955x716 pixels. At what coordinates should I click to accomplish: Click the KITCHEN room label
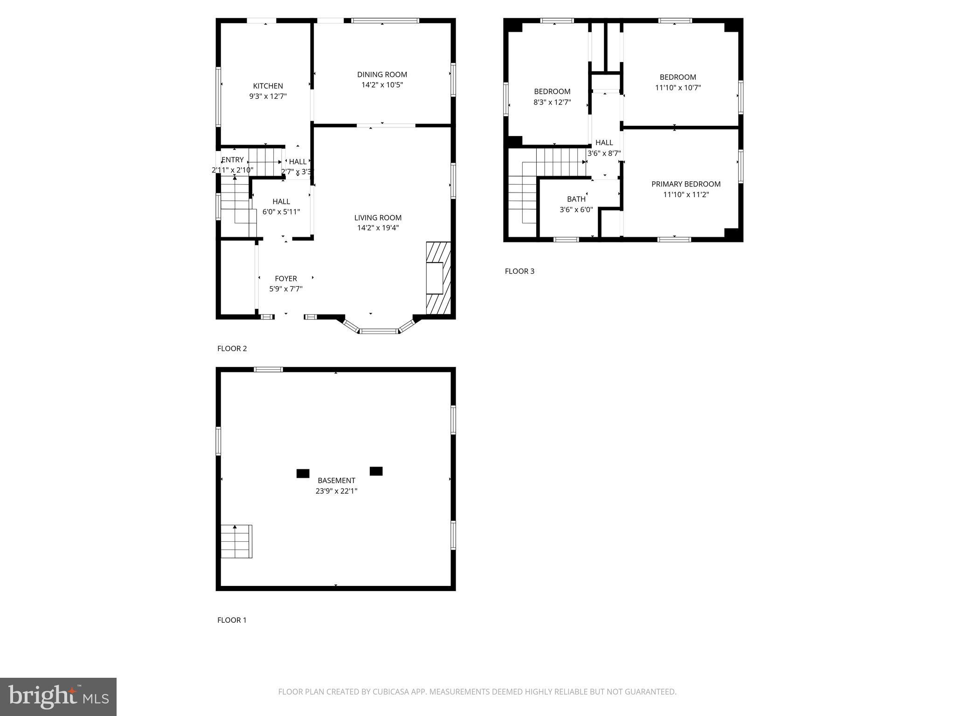(268, 86)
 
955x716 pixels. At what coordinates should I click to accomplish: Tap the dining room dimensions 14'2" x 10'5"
(382, 85)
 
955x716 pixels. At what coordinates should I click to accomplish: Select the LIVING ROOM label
(378, 218)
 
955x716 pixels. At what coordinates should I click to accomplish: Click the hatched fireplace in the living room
(438, 278)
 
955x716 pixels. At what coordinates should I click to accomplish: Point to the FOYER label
(285, 279)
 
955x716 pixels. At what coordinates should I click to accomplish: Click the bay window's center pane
(379, 331)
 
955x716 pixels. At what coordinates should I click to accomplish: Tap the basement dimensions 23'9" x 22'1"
(336, 491)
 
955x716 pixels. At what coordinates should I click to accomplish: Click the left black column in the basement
(303, 474)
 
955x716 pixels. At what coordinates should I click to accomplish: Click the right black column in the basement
(376, 471)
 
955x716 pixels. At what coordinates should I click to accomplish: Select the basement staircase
(236, 541)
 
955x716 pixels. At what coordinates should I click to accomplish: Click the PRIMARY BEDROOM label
(685, 184)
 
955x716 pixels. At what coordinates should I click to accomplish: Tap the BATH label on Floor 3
(576, 199)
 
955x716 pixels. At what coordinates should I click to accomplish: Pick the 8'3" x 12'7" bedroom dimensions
(552, 102)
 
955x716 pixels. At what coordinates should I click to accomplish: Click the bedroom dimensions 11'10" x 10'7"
(678, 88)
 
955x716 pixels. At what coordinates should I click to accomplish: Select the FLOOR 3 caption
(519, 271)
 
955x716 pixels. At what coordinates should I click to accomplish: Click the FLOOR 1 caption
(232, 620)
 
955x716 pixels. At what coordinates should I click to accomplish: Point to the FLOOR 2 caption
(232, 349)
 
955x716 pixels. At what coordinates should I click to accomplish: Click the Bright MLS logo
(58, 697)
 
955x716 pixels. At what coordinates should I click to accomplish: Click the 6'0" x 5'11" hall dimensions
(281, 212)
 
